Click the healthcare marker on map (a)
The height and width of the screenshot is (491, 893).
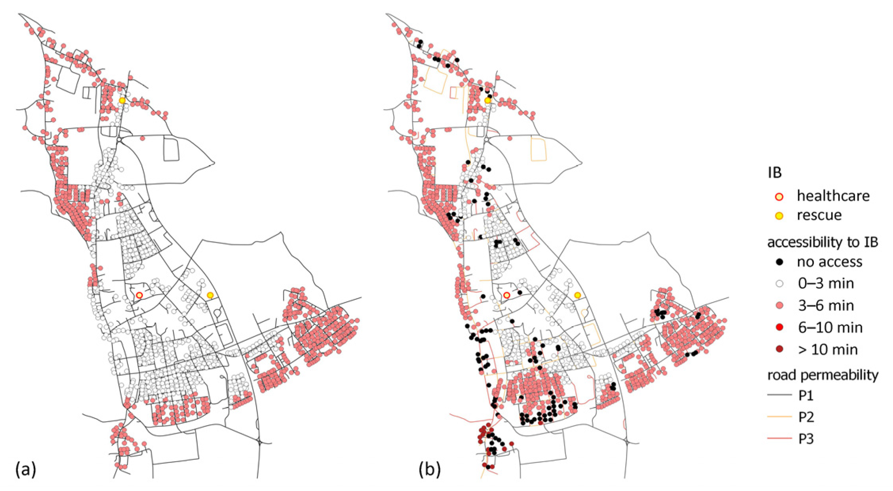[139, 295]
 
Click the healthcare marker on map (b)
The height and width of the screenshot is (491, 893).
[506, 295]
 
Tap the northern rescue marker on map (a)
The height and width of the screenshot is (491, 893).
[122, 100]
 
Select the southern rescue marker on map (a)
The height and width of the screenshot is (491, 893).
[210, 295]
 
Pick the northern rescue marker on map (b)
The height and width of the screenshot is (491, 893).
[487, 100]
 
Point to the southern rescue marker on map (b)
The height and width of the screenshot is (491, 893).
[578, 295]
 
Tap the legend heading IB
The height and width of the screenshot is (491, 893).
[775, 173]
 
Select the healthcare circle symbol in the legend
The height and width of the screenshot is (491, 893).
[779, 196]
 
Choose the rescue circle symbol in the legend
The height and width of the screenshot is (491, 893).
[779, 216]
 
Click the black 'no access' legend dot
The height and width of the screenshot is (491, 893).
[779, 262]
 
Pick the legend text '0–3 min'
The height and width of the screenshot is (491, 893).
[825, 284]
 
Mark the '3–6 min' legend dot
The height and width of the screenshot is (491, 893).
[779, 306]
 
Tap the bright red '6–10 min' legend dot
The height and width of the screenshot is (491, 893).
[779, 327]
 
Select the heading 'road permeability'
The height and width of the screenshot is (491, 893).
[823, 375]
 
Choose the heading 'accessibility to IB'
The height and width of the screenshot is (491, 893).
[823, 242]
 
